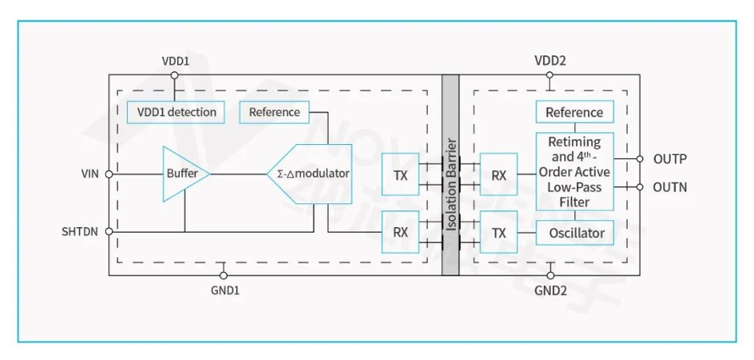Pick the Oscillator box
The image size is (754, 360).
(x=575, y=233)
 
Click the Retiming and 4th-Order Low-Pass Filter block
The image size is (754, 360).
(x=575, y=172)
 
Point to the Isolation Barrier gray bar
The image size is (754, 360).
(x=451, y=175)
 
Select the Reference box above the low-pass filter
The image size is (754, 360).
(x=575, y=112)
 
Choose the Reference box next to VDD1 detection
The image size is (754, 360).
(x=274, y=112)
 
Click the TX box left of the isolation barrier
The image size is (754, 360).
(x=400, y=175)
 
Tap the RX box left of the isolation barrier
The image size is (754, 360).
(x=400, y=232)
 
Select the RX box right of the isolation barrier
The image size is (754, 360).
(x=499, y=175)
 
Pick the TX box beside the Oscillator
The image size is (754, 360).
(x=499, y=233)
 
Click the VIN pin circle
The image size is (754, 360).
(x=108, y=174)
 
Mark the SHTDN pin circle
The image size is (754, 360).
(x=108, y=231)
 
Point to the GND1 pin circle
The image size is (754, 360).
(x=223, y=275)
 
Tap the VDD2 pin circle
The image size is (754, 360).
(x=550, y=75)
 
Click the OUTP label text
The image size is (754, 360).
(x=670, y=159)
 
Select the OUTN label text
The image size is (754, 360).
(x=670, y=187)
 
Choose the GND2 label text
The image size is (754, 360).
(x=551, y=291)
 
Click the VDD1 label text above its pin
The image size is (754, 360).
(x=175, y=62)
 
